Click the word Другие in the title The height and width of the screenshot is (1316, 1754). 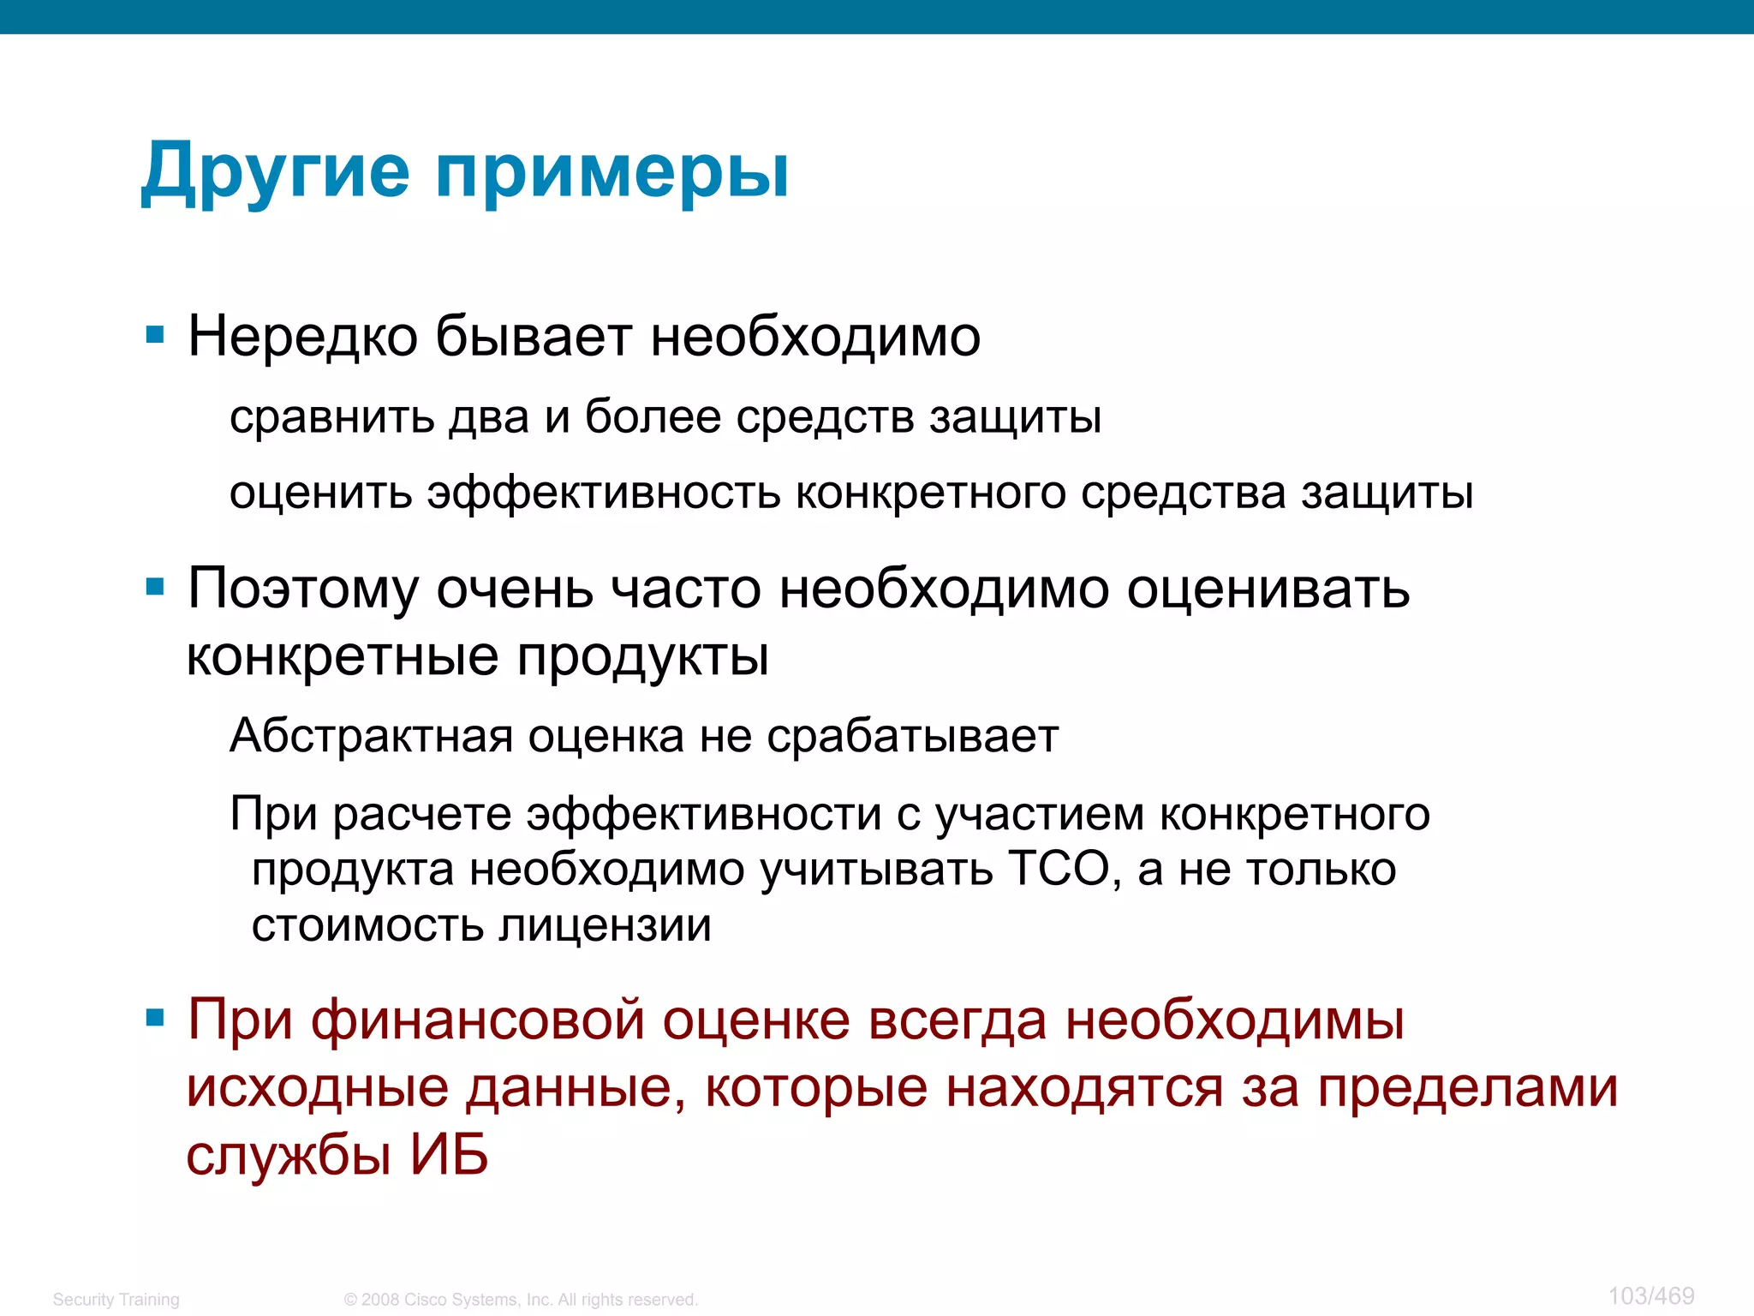tap(276, 171)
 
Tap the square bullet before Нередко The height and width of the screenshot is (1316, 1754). tap(155, 335)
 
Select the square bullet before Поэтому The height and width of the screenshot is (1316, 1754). tap(155, 588)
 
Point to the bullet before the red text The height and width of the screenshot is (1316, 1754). tap(155, 1019)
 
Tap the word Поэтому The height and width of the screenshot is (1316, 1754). tap(303, 589)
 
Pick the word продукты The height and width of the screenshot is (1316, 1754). tap(642, 658)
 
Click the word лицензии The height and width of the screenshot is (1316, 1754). tap(605, 925)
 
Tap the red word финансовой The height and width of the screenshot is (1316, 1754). tap(477, 1020)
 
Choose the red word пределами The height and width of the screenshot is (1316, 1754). tap(1467, 1088)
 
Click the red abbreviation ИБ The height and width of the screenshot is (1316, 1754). tap(449, 1154)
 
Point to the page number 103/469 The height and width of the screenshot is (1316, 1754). tap(1650, 1295)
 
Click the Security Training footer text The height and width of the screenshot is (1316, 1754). tap(116, 1300)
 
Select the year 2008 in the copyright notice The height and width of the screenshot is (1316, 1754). tap(380, 1300)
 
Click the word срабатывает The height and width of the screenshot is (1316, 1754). tap(912, 737)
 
